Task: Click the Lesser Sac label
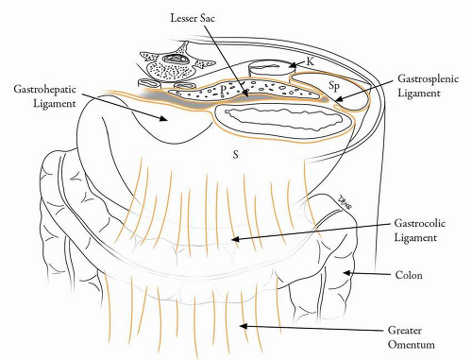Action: tap(193, 18)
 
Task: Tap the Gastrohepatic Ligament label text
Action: tap(45, 96)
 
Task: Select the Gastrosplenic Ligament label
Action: tap(428, 86)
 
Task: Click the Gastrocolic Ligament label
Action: tap(420, 231)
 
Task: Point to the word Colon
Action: tap(409, 275)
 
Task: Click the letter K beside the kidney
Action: tap(310, 61)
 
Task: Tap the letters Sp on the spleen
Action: tap(334, 85)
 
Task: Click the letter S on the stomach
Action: tap(235, 155)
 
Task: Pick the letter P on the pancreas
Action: tap(223, 90)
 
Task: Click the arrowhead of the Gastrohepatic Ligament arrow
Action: tap(163, 118)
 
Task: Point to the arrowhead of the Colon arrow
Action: tap(346, 273)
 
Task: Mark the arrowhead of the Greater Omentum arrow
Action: tap(244, 326)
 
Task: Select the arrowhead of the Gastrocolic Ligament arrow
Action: tap(235, 239)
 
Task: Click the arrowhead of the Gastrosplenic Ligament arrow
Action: tap(338, 99)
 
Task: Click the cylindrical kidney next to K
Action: tap(271, 70)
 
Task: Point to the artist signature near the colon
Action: tap(345, 202)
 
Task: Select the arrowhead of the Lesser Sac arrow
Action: tap(246, 94)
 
